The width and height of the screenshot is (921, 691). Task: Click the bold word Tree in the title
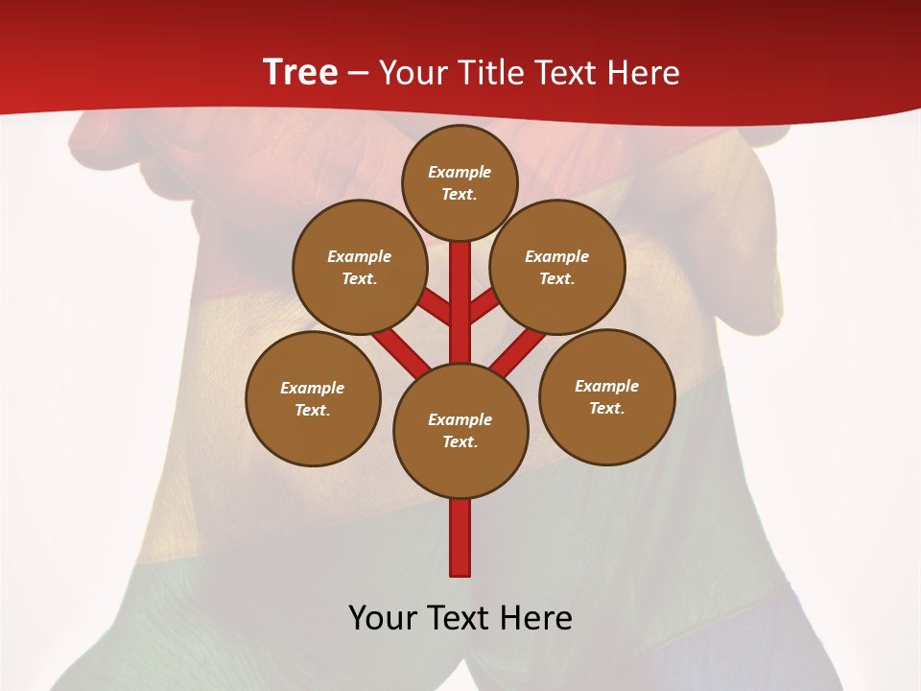click(300, 72)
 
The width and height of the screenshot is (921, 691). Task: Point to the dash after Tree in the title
click(358, 73)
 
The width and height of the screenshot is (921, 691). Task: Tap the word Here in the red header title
click(644, 72)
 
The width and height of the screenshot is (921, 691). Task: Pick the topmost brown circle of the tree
click(460, 182)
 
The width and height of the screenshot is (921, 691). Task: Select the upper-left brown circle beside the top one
click(359, 267)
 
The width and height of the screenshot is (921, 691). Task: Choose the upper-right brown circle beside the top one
click(557, 267)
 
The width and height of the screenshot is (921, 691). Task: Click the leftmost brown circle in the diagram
click(313, 398)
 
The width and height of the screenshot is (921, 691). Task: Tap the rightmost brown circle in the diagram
click(606, 396)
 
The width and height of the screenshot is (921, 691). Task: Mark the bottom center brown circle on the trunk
click(460, 430)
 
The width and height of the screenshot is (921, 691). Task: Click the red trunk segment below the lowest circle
click(460, 537)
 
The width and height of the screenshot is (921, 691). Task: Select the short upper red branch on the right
click(484, 307)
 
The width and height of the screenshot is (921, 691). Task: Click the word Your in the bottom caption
click(384, 617)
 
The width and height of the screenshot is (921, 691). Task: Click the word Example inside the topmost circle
click(460, 172)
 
